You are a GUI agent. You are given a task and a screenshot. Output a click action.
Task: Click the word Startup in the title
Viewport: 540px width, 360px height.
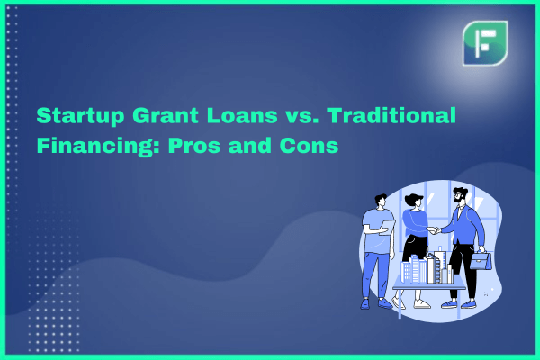pos(80,116)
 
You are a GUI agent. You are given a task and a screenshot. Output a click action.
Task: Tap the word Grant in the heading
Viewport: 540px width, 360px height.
pos(166,115)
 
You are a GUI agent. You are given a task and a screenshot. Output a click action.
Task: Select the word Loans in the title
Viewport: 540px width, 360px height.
pos(242,115)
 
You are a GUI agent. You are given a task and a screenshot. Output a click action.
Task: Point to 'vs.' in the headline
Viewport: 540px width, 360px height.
pos(302,117)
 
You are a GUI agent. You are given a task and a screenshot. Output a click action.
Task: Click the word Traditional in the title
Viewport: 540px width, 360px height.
pos(391,115)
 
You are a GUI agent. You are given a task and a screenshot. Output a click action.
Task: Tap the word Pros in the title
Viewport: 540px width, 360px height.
pos(194,146)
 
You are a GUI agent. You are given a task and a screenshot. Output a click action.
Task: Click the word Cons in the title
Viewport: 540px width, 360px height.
pos(309,146)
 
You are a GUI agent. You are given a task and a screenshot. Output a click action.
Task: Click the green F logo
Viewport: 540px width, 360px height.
pos(485,43)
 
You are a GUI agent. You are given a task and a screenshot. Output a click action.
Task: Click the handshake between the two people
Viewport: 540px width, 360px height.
pos(433,230)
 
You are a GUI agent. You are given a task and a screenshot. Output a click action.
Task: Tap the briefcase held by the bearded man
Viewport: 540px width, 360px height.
pos(481,261)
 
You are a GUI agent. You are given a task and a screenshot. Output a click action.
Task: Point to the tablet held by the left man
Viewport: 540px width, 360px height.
pos(388,228)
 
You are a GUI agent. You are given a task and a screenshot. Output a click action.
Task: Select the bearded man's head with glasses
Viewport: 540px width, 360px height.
pos(460,195)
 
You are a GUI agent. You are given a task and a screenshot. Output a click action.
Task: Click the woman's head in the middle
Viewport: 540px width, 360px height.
pos(414,201)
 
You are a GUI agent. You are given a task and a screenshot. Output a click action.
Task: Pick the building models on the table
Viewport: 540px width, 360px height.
pos(427,267)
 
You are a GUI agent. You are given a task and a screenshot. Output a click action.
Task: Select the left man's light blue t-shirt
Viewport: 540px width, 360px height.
pos(376,232)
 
